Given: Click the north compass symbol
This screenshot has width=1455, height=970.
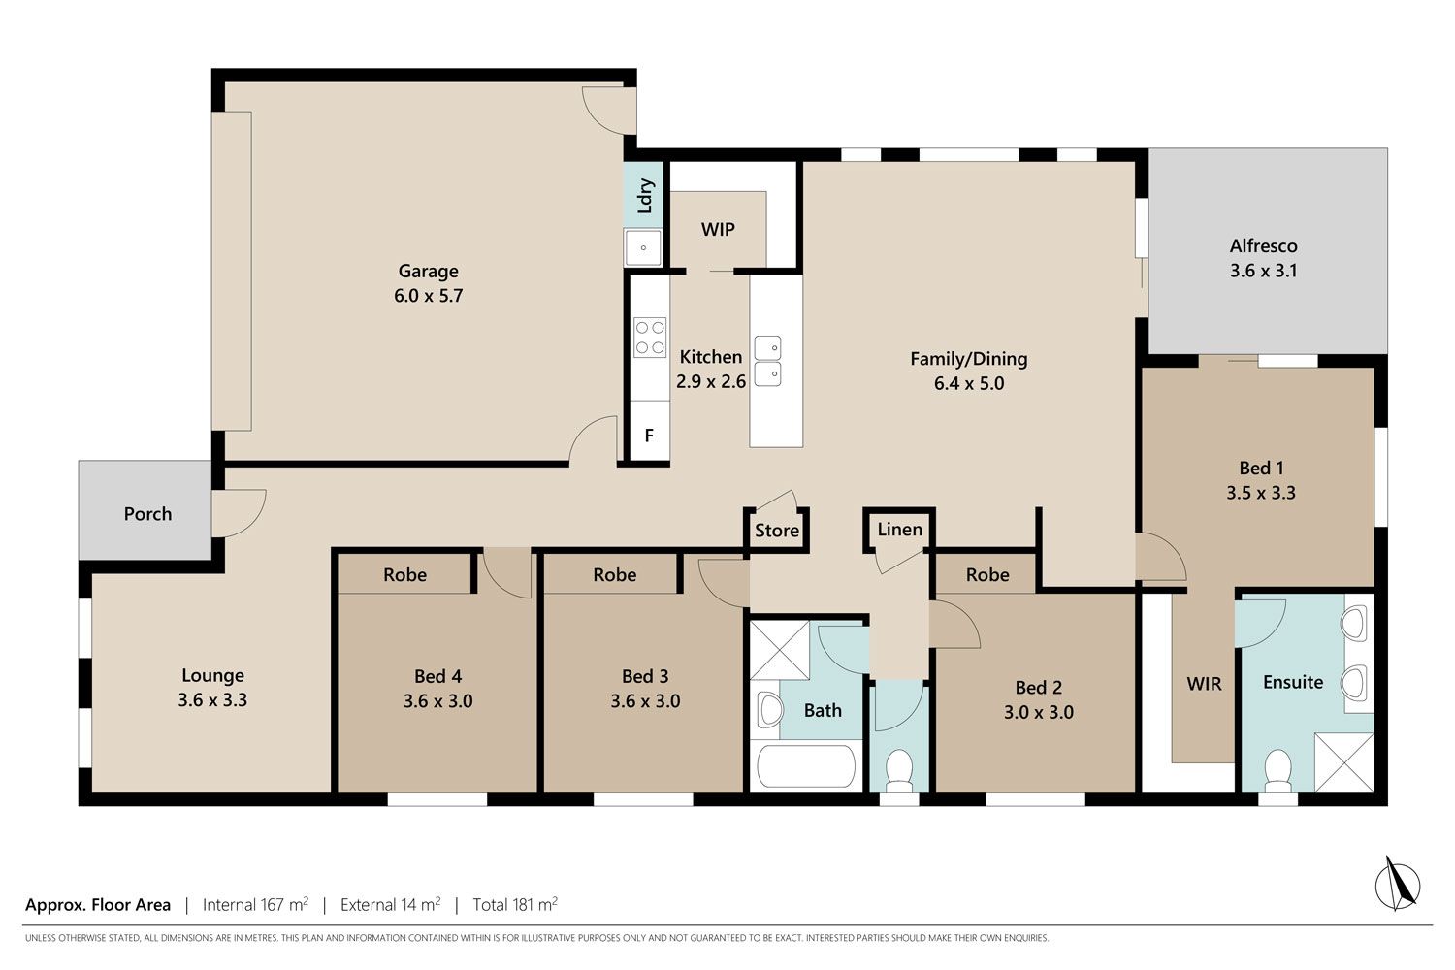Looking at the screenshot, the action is [1397, 884].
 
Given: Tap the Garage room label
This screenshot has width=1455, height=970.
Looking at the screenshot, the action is [428, 271].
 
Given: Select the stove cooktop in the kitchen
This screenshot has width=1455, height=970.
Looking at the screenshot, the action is [650, 338].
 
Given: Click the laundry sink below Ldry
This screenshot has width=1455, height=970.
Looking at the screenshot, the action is [643, 247].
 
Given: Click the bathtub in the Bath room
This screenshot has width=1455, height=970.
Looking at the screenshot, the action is [807, 767].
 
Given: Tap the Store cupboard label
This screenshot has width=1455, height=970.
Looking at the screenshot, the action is [777, 531].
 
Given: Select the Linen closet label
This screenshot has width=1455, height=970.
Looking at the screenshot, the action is [899, 530].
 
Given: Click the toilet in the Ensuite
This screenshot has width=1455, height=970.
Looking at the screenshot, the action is [1277, 771].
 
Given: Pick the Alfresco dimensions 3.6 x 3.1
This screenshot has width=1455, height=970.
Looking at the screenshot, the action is [1263, 271].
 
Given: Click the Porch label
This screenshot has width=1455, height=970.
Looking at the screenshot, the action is [148, 514].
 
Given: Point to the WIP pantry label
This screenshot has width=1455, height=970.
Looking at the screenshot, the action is [718, 229].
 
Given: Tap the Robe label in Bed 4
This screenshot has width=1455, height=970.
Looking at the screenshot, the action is [404, 575].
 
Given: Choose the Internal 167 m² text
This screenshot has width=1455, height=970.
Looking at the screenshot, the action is [255, 904].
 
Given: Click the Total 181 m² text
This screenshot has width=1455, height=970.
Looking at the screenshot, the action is [515, 904].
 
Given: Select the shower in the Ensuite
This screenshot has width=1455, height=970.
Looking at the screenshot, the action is [1343, 762].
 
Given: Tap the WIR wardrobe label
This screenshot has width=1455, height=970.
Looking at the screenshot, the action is [1204, 684].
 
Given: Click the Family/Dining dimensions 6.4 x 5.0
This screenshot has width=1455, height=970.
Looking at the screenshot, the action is [968, 383].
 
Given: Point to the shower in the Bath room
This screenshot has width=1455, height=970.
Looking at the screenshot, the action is [780, 650].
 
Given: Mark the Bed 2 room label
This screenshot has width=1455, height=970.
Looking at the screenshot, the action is [1039, 688].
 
